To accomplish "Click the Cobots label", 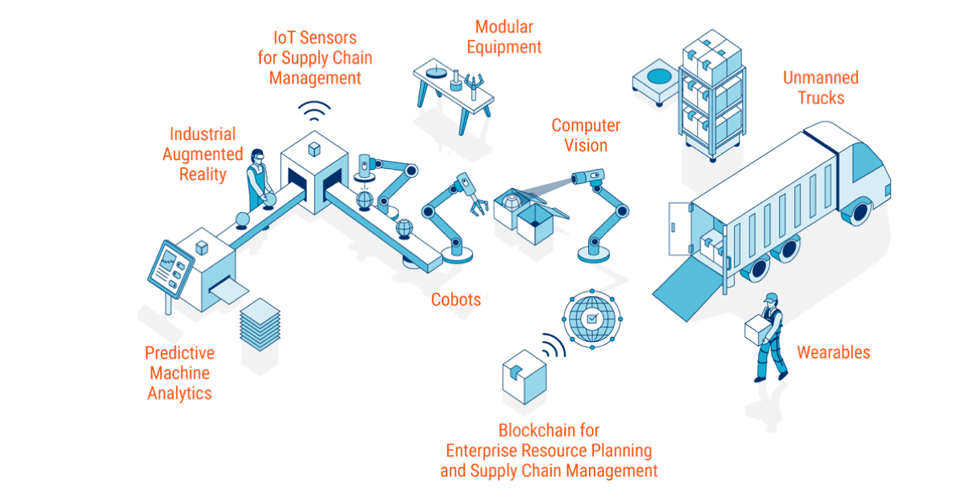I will tap(456, 299).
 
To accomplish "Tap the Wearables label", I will tap(833, 352).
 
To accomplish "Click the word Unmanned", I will tap(821, 78).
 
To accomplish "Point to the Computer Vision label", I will tap(586, 135).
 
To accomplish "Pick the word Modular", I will tap(504, 27).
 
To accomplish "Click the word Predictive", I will tap(179, 353).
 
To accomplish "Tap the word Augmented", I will tap(203, 155).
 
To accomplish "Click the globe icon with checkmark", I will tap(591, 319).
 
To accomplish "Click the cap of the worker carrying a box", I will tap(771, 298).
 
